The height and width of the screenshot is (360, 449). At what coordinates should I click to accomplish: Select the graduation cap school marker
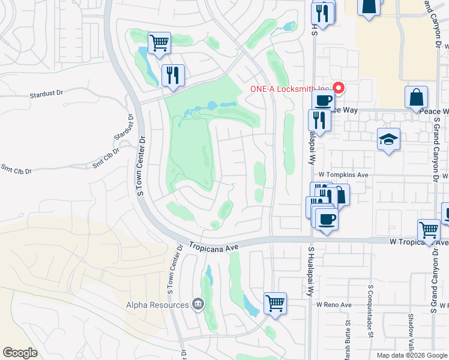[388, 140]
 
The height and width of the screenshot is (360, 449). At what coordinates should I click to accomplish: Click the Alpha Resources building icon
[196, 305]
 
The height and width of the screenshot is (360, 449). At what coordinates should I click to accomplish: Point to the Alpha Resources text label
[157, 305]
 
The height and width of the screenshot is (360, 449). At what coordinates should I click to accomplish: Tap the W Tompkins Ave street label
[342, 175]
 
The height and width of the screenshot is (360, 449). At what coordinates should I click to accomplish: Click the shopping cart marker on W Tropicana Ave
[429, 230]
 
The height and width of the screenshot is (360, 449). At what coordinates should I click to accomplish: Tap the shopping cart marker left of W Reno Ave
[275, 303]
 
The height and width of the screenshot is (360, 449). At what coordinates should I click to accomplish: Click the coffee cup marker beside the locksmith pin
[323, 101]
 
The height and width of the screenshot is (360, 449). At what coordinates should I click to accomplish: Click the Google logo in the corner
[20, 353]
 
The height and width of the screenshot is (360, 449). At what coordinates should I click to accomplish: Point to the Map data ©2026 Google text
[411, 355]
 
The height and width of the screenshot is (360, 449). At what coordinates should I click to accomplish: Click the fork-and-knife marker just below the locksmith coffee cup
[319, 121]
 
